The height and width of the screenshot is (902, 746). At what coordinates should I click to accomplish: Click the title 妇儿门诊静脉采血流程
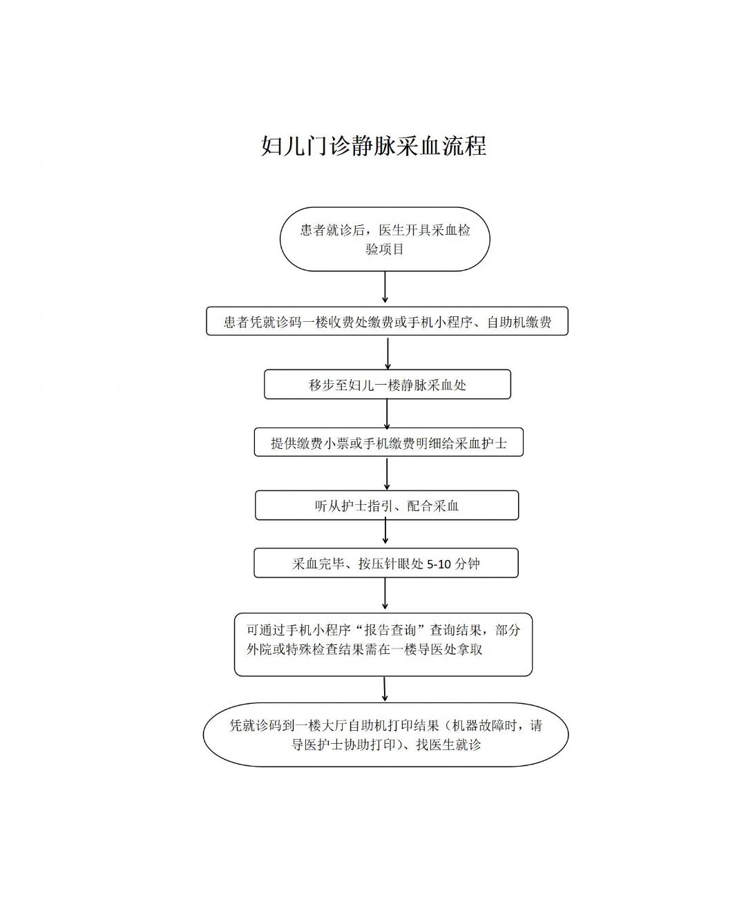374,146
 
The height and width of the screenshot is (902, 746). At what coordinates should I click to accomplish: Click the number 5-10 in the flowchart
439,564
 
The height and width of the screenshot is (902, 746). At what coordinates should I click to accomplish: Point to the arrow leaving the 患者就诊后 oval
385,287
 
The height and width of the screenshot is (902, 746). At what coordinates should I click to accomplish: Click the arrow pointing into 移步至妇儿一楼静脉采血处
388,354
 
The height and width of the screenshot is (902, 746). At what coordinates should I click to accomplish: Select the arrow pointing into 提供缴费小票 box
387,414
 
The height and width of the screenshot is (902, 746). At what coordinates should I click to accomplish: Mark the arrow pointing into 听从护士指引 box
387,474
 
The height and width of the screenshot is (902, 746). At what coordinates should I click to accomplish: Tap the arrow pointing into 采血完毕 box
385,532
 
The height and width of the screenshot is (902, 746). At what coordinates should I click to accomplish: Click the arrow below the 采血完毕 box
385,593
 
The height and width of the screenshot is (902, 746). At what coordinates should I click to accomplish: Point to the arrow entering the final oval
385,689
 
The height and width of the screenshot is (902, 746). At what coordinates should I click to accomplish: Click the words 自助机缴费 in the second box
519,322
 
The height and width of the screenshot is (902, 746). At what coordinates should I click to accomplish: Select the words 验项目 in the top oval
385,249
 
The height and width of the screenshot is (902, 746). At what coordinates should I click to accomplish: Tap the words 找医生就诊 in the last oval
448,745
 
